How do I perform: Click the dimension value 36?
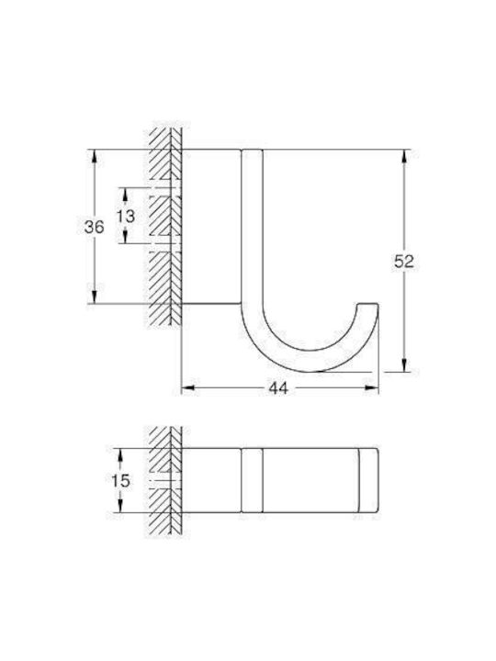(94, 228)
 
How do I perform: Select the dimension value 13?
(126, 216)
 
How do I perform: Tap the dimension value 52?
(404, 262)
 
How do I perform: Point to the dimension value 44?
(278, 388)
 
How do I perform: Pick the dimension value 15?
(120, 480)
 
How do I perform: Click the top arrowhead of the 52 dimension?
(404, 156)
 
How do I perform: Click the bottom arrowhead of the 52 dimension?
(404, 365)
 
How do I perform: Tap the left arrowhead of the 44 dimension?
(188, 388)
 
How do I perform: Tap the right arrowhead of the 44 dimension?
(372, 388)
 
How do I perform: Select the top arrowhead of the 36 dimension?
(94, 156)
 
